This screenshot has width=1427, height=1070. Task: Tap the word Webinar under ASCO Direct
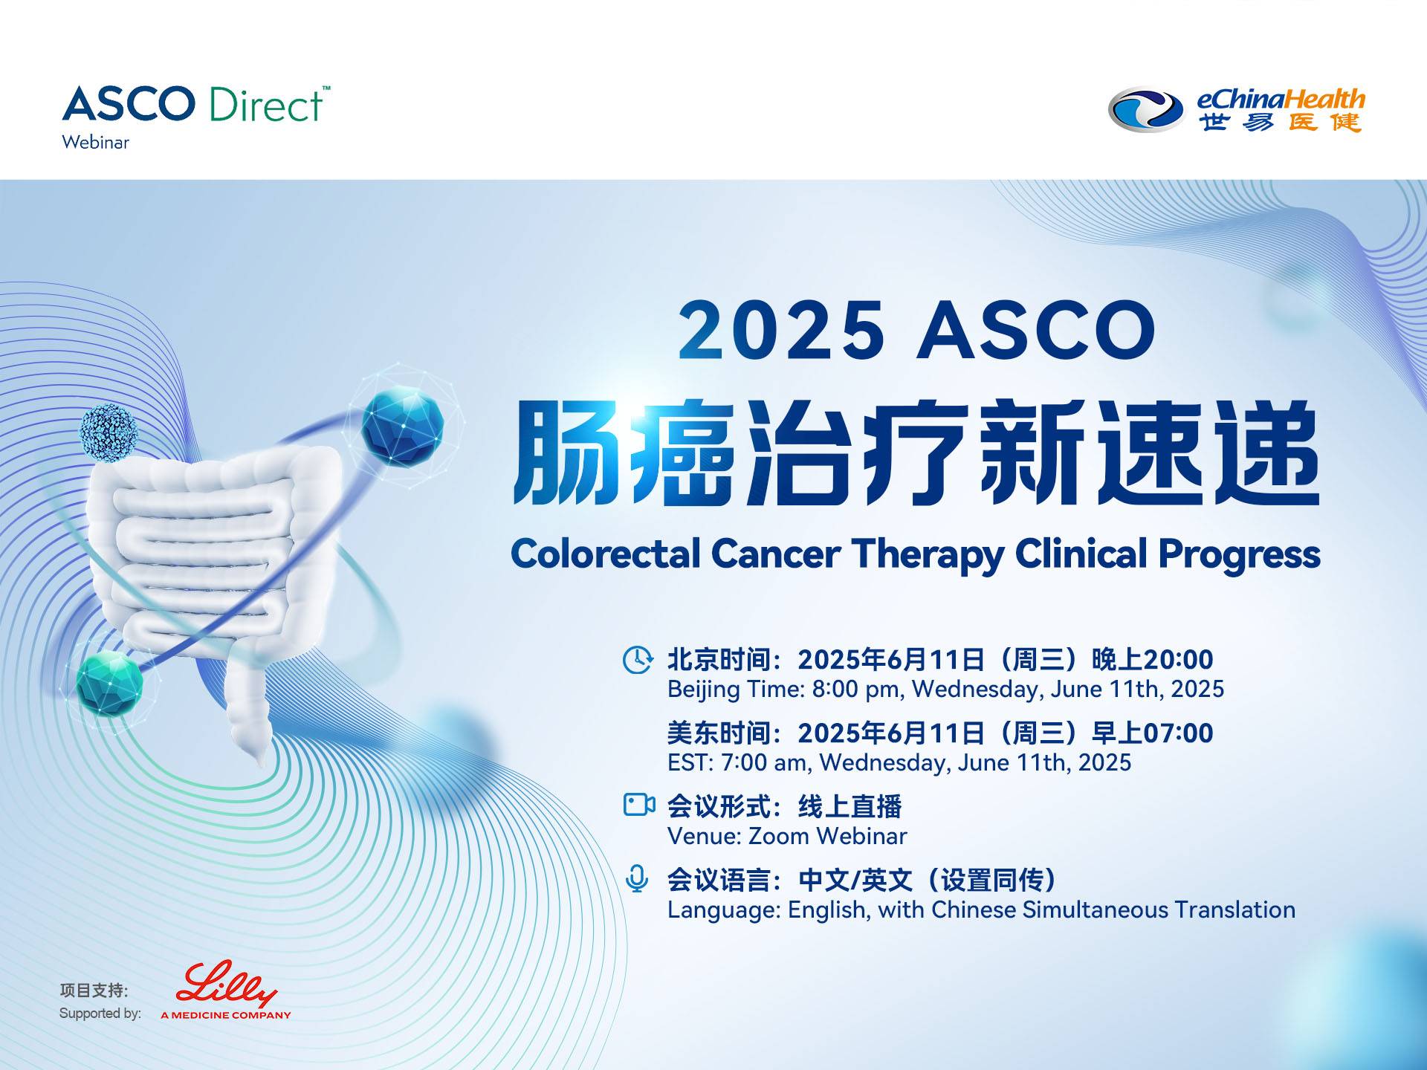coord(96,142)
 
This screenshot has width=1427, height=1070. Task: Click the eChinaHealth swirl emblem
coord(1145,110)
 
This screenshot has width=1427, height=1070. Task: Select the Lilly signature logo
coord(227,984)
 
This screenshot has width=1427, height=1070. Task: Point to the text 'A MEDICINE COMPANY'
coord(226,1015)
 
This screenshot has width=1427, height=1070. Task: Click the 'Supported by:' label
coord(100,1013)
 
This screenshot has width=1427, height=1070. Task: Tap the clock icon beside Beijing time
coord(638,660)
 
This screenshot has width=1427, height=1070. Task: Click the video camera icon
coord(638,804)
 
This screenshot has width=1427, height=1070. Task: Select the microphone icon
coord(637,878)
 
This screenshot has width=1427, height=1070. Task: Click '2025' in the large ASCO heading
coord(781,329)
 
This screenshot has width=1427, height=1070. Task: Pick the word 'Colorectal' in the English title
coord(606,554)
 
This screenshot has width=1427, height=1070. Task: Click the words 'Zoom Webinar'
coord(827,836)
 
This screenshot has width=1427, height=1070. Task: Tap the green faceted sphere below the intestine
coord(109,683)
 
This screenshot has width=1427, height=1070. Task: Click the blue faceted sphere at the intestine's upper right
coord(402,426)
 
